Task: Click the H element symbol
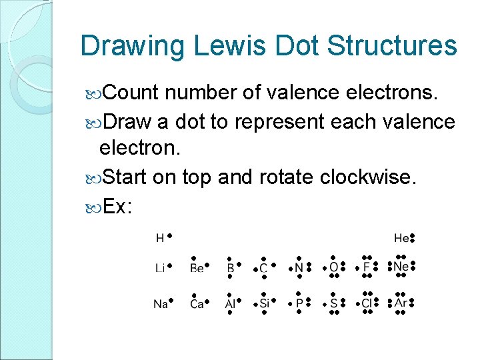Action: (160, 238)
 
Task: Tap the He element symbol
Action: (401, 238)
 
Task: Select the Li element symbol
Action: (160, 268)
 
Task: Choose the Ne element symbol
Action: (401, 267)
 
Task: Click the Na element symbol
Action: (160, 304)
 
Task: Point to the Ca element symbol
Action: (197, 304)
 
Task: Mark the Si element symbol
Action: (264, 304)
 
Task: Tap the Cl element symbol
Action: (367, 304)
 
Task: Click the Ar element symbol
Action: (401, 303)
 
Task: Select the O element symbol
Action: (333, 268)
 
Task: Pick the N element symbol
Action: (299, 268)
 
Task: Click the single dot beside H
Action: (170, 235)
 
